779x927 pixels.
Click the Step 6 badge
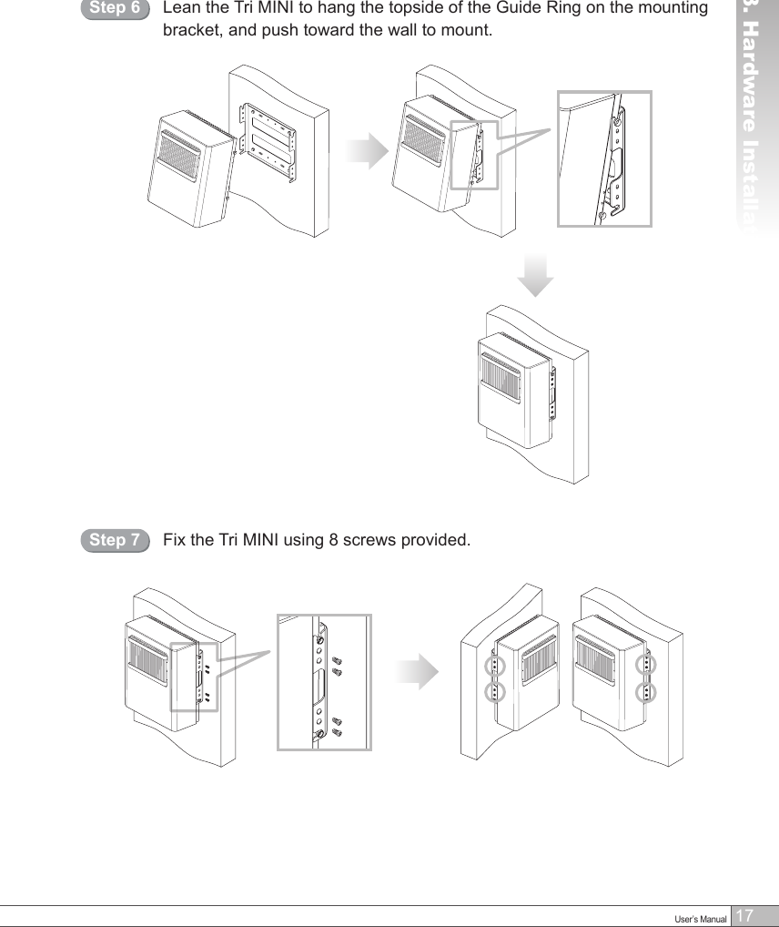click(115, 10)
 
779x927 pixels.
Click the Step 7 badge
click(115, 541)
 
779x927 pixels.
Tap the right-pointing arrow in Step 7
click(419, 672)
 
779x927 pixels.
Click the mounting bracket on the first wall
click(269, 141)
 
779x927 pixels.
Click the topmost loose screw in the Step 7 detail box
click(337, 658)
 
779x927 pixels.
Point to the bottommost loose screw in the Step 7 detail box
click(337, 732)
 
